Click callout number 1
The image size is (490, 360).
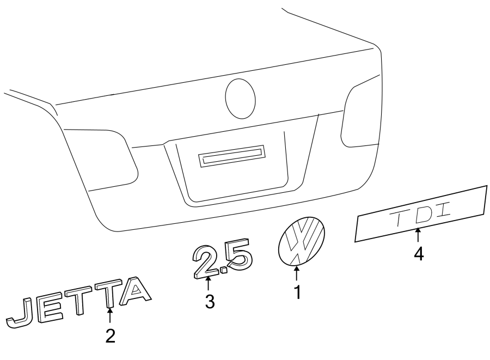click(x=297, y=292)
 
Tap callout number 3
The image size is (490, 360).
click(x=210, y=301)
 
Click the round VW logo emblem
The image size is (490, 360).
click(x=301, y=241)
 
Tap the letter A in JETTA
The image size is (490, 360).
click(x=134, y=291)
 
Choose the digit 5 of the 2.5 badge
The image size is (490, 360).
click(x=238, y=256)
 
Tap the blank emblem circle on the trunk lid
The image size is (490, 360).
click(x=240, y=98)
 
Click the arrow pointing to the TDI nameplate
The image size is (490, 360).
click(x=418, y=236)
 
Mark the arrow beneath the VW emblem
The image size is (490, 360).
click(x=297, y=274)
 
